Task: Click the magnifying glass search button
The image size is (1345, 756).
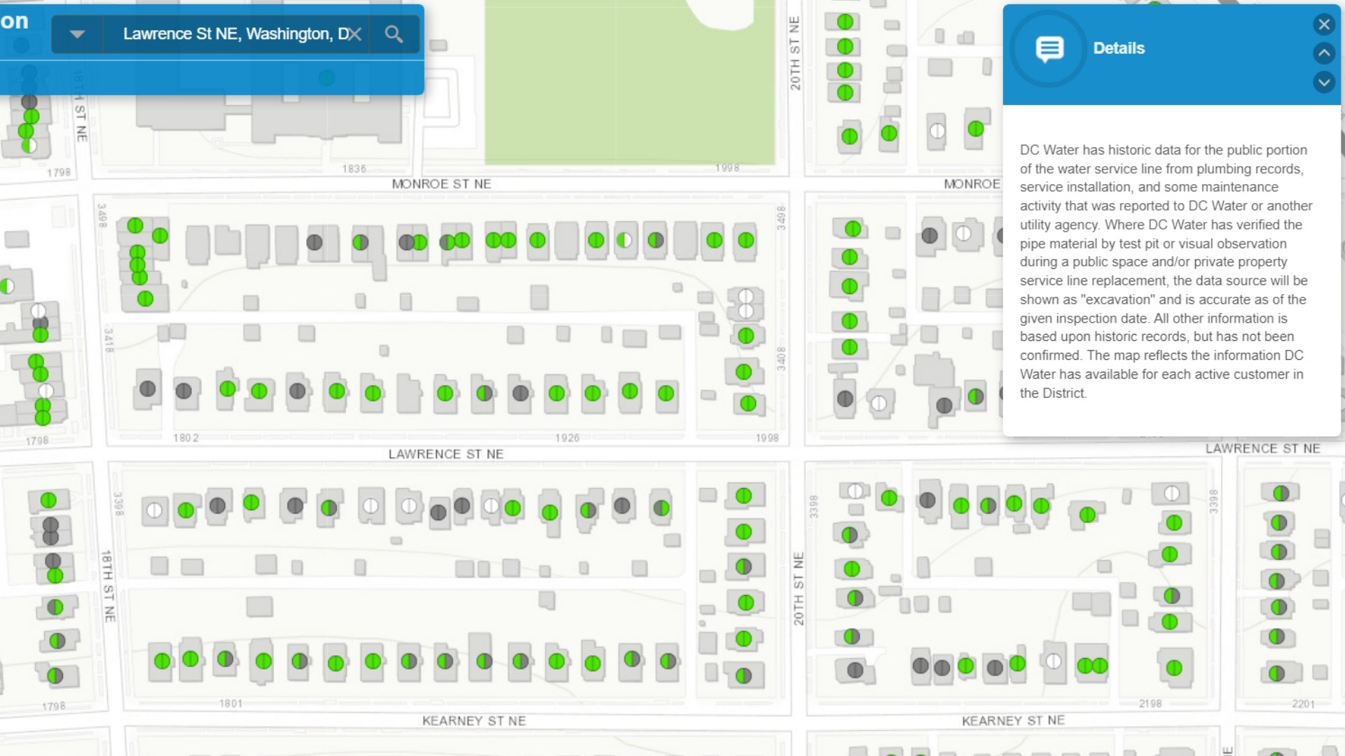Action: [394, 34]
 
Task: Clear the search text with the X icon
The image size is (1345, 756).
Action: [355, 34]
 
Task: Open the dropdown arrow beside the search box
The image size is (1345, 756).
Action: [77, 34]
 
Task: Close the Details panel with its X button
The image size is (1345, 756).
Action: [1323, 25]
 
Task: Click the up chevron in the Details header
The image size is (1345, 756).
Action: [1323, 53]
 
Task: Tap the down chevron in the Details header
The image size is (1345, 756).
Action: [1323, 82]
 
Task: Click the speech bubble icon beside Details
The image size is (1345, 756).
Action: [1049, 48]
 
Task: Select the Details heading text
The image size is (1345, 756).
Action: [1119, 48]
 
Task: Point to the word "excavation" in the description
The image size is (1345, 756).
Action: [1117, 300]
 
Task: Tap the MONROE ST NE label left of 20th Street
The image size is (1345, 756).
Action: [441, 184]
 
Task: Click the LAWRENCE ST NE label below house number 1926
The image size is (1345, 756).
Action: [446, 454]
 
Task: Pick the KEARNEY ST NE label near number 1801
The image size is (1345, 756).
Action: [474, 721]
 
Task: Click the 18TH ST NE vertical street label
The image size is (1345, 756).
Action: [108, 587]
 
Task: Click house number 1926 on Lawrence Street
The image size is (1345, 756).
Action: [567, 438]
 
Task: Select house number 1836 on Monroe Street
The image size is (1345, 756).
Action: [354, 169]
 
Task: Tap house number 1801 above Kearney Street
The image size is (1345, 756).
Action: [230, 703]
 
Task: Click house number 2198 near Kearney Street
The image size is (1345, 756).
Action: [1150, 703]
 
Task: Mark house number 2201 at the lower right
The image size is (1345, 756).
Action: [1303, 704]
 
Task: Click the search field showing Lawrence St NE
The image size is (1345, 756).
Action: [231, 34]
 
